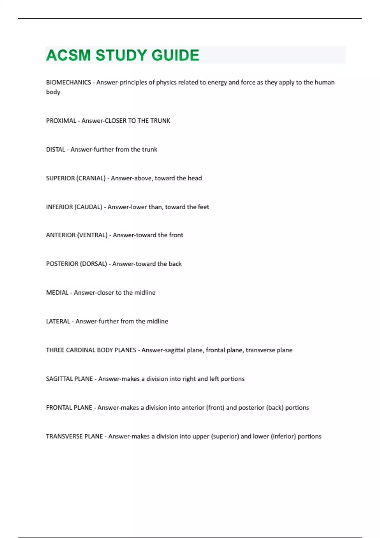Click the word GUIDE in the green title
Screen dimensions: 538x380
click(175, 55)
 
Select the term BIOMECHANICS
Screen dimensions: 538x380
click(68, 82)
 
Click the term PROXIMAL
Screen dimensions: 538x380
click(61, 121)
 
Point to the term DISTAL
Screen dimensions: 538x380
click(55, 149)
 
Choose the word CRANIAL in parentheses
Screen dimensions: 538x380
click(90, 178)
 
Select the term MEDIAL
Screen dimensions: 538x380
click(57, 293)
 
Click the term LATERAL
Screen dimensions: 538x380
click(58, 322)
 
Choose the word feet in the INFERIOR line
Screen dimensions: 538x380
click(203, 207)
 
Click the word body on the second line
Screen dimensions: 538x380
click(53, 92)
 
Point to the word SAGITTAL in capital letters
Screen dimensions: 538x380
click(60, 379)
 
